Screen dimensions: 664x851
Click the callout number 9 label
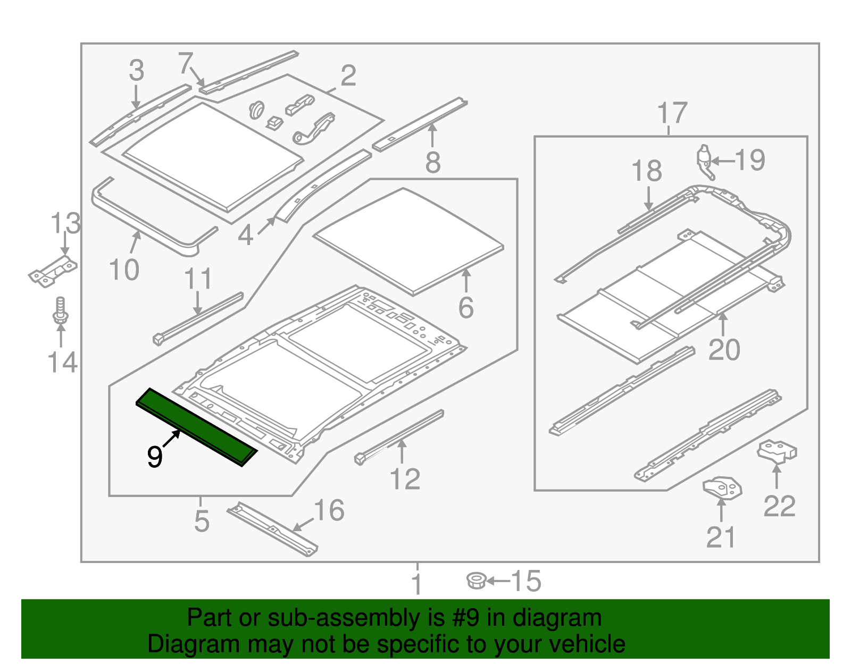154,457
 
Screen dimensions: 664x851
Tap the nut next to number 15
475,580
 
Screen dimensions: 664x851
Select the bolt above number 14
60,310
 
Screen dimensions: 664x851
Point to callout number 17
672,113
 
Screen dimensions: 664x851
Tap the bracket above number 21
722,488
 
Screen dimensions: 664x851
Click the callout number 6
466,308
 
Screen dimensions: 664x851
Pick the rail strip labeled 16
272,529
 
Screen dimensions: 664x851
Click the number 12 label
405,479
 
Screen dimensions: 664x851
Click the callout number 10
124,270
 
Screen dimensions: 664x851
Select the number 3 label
136,71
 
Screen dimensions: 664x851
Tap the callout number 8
432,162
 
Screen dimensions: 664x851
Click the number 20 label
724,350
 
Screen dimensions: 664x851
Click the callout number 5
202,521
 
